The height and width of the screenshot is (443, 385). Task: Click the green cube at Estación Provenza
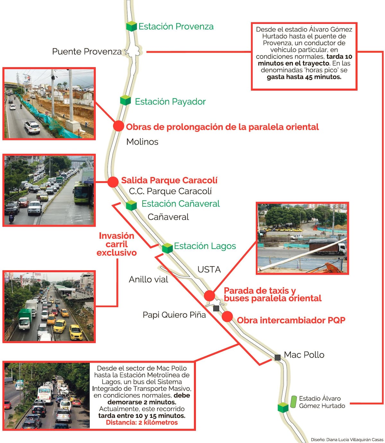click(x=132, y=26)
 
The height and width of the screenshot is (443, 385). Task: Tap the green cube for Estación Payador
click(x=125, y=100)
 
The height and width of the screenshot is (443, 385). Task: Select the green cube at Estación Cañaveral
click(x=131, y=205)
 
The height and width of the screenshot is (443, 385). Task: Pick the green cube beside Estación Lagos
click(x=167, y=248)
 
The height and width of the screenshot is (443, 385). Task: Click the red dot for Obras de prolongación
click(x=118, y=126)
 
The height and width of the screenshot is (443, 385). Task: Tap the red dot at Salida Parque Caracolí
click(x=113, y=182)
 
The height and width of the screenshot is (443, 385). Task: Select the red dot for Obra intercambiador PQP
click(x=227, y=317)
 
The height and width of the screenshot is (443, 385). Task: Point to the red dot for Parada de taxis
click(x=210, y=295)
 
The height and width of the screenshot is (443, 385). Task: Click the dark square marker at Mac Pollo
click(x=278, y=357)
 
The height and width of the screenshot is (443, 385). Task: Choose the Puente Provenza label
click(x=87, y=52)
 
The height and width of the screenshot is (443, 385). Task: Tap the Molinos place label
click(x=142, y=142)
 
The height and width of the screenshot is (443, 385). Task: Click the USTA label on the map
click(x=209, y=269)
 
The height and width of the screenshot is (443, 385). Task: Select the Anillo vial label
click(x=149, y=279)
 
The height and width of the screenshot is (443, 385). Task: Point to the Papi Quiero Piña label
click(x=174, y=315)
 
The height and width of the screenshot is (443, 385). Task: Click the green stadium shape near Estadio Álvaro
click(x=293, y=402)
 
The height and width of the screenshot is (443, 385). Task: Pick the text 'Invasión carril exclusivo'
click(x=116, y=244)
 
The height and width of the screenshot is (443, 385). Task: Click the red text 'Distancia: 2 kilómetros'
click(x=142, y=422)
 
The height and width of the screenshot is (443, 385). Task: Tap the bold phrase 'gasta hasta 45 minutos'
click(x=304, y=77)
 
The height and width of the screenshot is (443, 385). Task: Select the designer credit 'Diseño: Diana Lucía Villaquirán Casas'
click(x=347, y=439)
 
